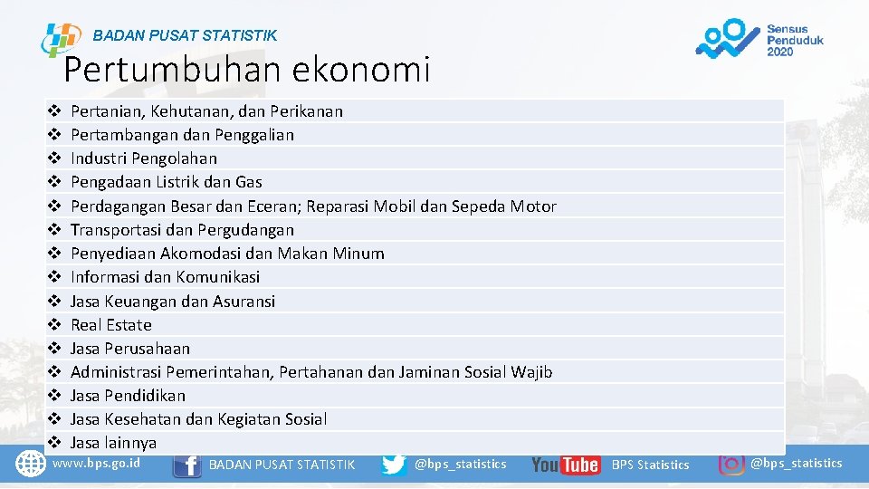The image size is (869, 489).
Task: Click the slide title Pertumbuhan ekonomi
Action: [x=247, y=69]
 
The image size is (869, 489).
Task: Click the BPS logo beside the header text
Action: [x=61, y=40]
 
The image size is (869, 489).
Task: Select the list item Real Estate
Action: [x=111, y=324]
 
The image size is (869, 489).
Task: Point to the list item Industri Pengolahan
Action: [x=144, y=158]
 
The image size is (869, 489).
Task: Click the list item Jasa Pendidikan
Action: [x=128, y=396]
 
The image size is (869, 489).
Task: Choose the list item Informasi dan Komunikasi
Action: [x=165, y=277]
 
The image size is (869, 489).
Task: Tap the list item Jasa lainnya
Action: [x=113, y=443]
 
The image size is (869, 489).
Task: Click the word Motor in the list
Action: [x=533, y=206]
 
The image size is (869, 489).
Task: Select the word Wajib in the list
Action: [x=531, y=372]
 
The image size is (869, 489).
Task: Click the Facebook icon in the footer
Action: [x=186, y=465]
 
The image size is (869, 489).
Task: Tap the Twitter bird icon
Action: [x=394, y=465]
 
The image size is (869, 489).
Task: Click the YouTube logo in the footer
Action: [x=565, y=465]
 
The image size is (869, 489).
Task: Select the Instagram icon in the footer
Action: [x=731, y=462]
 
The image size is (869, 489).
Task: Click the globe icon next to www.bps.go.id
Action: [x=31, y=464]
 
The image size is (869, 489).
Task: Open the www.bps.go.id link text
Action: [x=97, y=463]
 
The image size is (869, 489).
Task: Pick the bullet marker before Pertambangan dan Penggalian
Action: [x=53, y=135]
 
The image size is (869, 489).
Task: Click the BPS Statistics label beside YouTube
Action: [x=650, y=465]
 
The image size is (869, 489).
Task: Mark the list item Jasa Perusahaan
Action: [x=130, y=349]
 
